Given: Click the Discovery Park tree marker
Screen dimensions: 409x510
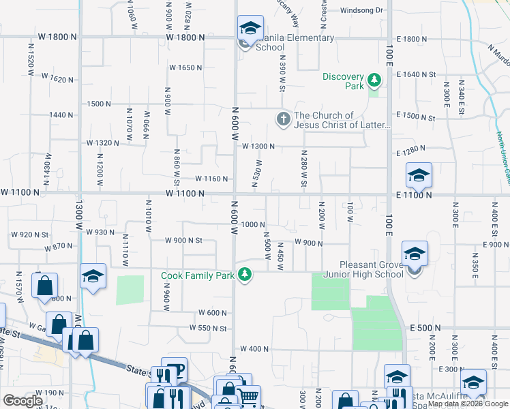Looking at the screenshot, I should pyautogui.click(x=374, y=81).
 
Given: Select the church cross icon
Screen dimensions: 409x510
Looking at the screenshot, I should pyautogui.click(x=284, y=119).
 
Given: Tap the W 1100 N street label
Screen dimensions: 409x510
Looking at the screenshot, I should pyautogui.click(x=185, y=194).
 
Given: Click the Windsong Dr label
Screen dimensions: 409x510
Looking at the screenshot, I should pyautogui.click(x=362, y=10).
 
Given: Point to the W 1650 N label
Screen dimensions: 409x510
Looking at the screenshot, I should pyautogui.click(x=186, y=67).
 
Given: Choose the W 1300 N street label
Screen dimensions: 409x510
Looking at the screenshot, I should pyautogui.click(x=258, y=147).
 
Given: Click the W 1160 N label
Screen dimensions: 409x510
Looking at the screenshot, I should pyautogui.click(x=210, y=179).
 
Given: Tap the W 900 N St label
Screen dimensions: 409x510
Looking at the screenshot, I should pyautogui.click(x=183, y=240).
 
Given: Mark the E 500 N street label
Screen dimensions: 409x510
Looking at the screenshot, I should pyautogui.click(x=426, y=328).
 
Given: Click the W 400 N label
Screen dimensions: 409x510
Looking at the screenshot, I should pyautogui.click(x=254, y=349).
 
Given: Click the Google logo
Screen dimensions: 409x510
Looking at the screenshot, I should pyautogui.click(x=22, y=401).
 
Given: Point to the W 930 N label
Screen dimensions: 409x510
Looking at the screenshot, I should pyautogui.click(x=101, y=232).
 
